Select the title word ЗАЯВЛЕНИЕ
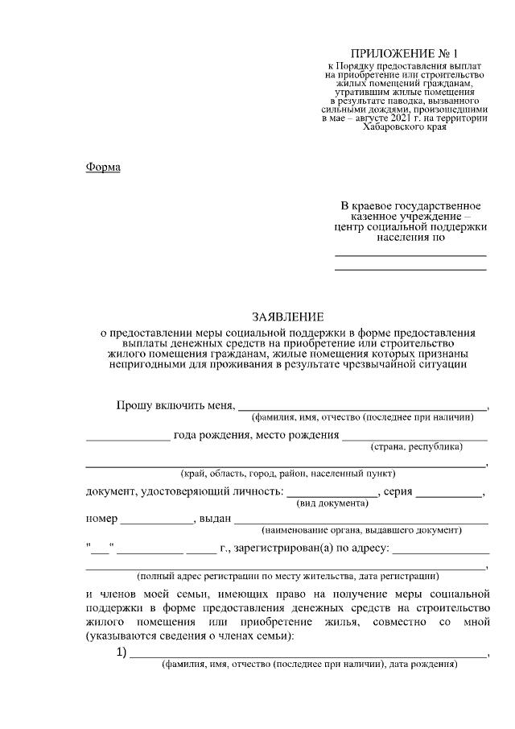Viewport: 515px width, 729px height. (x=286, y=317)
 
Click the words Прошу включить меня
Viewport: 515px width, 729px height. (x=175, y=404)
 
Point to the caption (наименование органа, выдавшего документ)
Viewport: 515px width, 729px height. (x=361, y=531)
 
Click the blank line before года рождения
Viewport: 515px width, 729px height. (x=127, y=439)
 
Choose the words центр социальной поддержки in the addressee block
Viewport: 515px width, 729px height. (x=410, y=227)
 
